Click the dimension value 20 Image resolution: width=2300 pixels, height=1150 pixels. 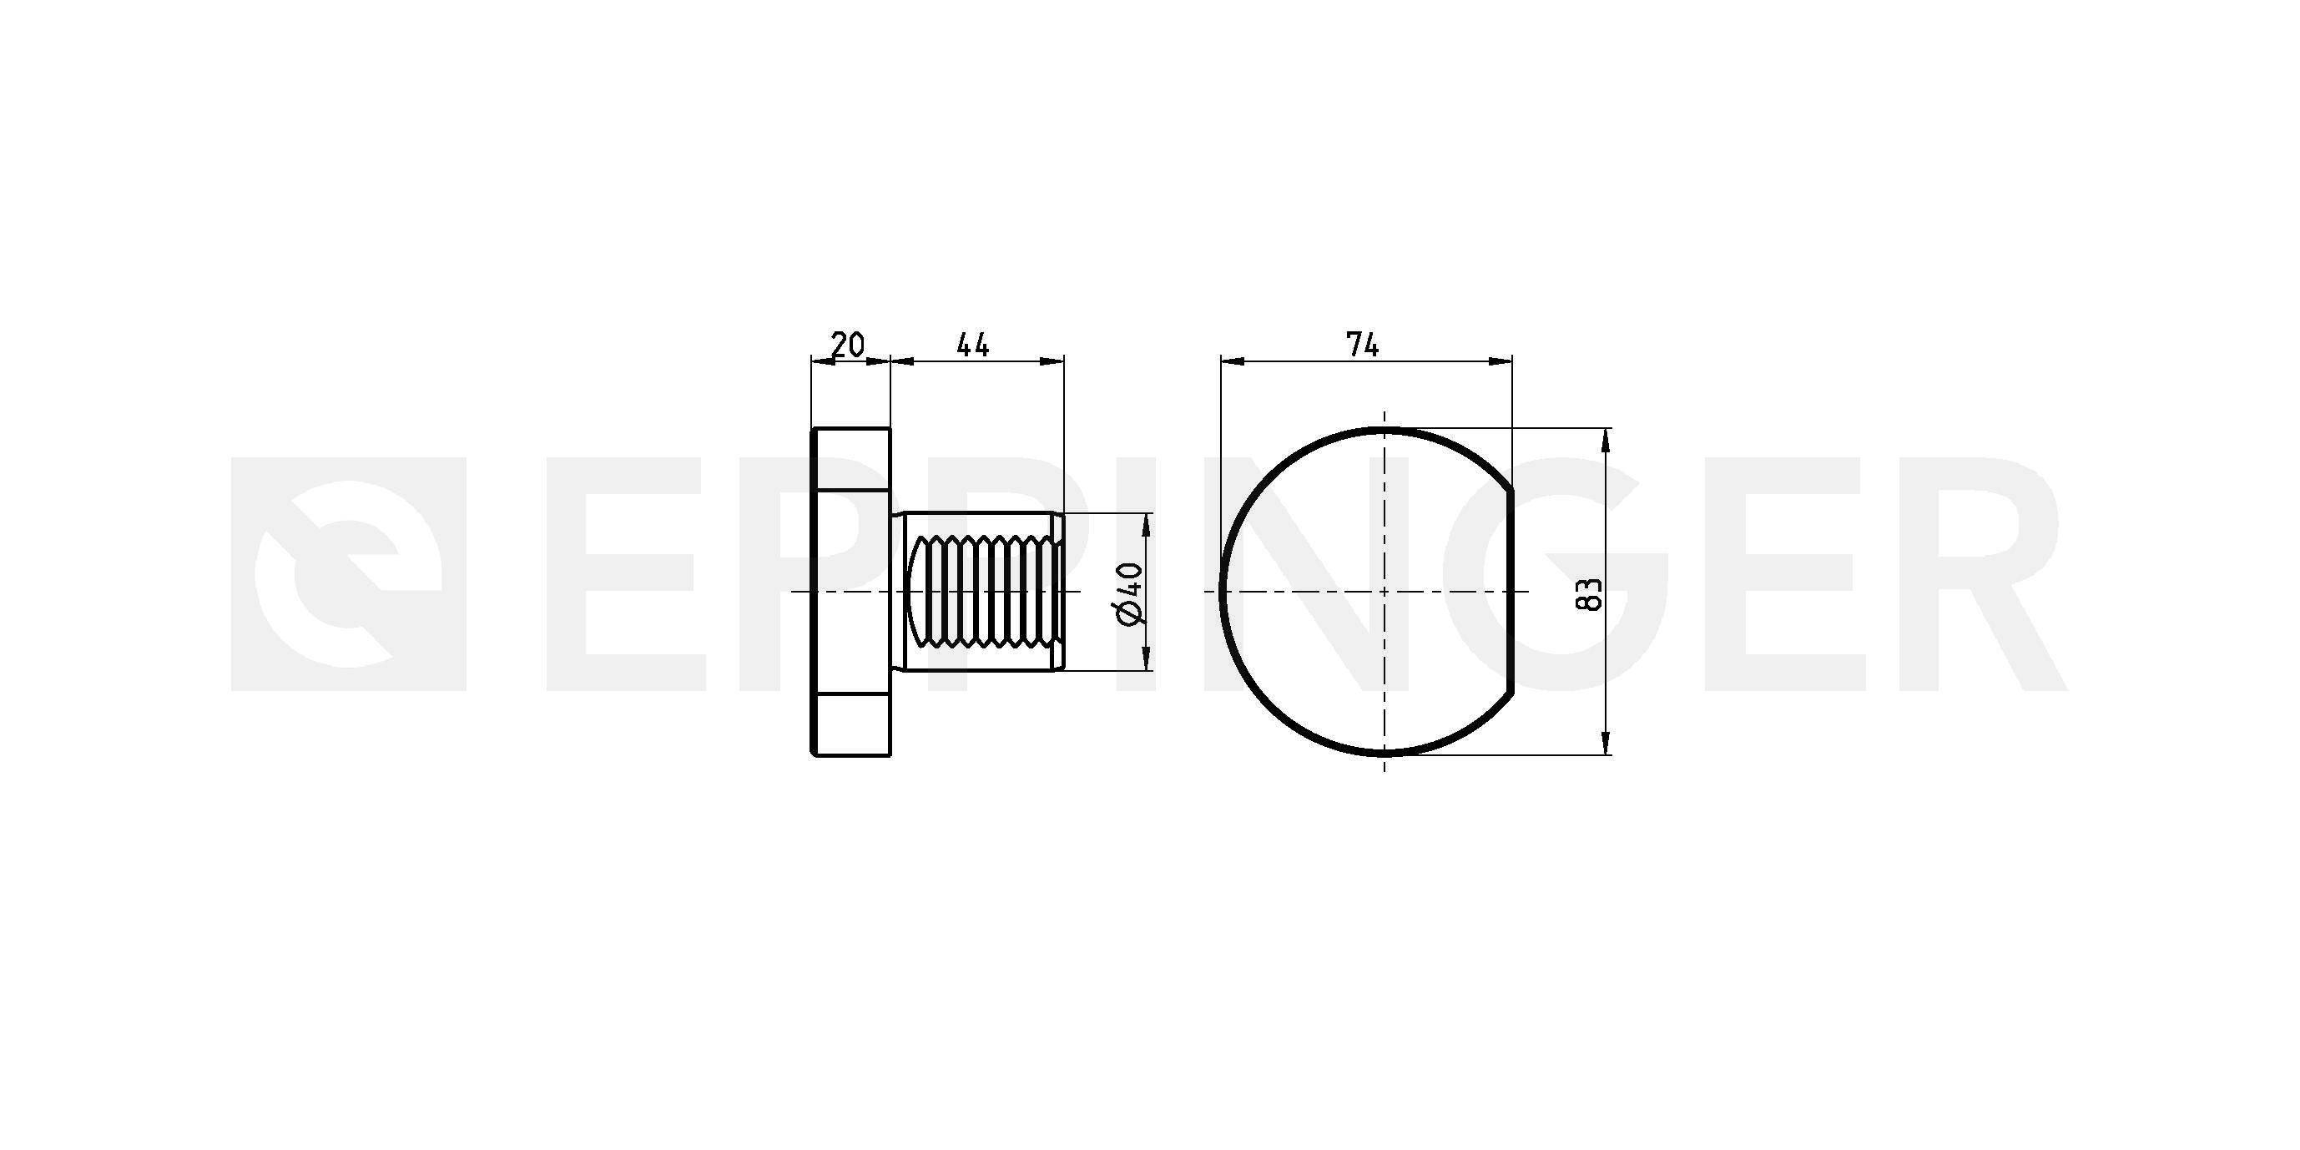[x=847, y=344]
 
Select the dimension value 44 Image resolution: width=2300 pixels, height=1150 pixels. [x=973, y=344]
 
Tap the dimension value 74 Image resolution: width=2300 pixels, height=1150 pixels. [x=1363, y=344]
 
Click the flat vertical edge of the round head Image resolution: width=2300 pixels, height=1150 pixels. [x=1511, y=591]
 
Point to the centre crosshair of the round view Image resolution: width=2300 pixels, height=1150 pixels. [x=1384, y=591]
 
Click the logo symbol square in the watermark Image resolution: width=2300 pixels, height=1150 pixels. [x=349, y=574]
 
